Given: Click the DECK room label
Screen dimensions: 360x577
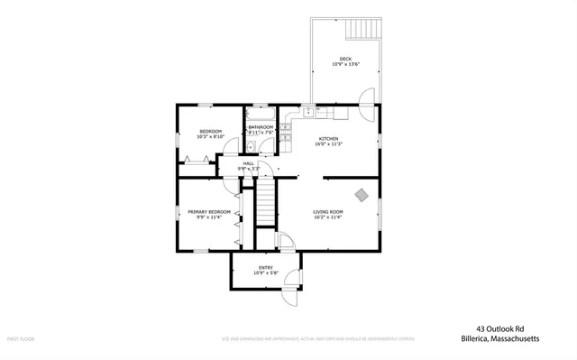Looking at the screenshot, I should point(345,59).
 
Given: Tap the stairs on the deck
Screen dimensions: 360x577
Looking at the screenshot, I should point(362,29).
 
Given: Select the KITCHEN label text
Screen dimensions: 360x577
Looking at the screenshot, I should point(328,137).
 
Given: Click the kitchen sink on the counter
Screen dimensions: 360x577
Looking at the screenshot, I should point(308,112).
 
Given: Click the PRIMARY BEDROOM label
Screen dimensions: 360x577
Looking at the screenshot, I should point(209,212).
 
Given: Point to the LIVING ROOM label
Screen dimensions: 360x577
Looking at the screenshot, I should point(328,211).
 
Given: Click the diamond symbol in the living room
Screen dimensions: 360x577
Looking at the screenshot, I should point(362,194).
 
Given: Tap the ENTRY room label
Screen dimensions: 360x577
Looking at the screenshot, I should point(266,267).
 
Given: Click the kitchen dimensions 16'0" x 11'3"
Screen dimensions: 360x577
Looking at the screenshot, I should point(328,143).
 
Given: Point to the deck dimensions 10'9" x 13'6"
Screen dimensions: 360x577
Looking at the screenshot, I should point(345,65).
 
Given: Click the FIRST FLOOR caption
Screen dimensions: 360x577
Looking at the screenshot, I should point(22,338).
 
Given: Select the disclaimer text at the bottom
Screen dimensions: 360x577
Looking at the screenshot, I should point(318,338).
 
